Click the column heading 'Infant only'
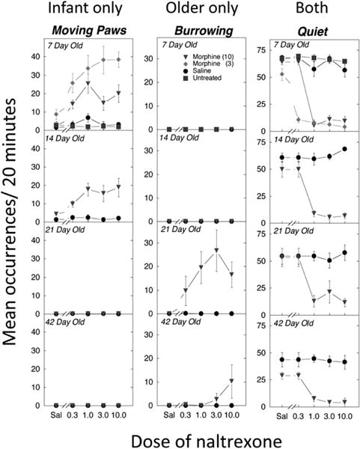tap(77, 10)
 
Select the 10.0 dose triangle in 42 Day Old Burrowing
tap(232, 381)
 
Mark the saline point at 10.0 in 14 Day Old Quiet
tap(344, 149)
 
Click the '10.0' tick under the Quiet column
tap(344, 413)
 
